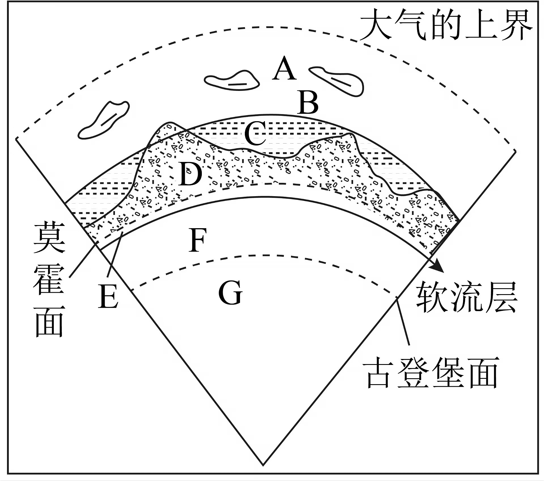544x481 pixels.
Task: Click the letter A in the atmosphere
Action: coord(285,68)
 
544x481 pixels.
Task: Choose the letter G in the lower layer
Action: coord(230,292)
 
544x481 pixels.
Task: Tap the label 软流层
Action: coord(467,297)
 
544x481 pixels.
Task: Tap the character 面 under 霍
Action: coord(49,322)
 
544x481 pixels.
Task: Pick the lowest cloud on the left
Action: coord(104,120)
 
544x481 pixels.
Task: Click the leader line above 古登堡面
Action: coord(403,322)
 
